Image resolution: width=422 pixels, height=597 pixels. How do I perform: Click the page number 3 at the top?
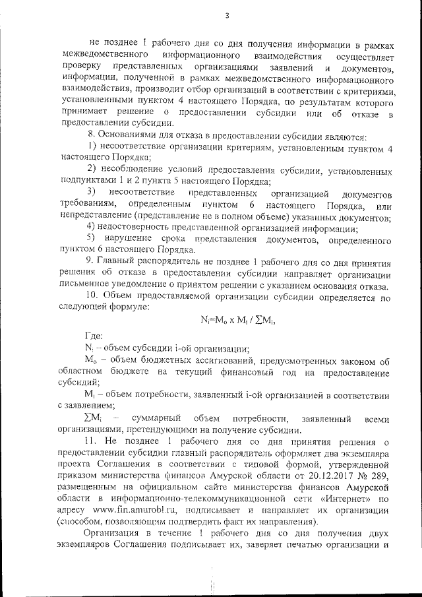coord(226,16)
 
